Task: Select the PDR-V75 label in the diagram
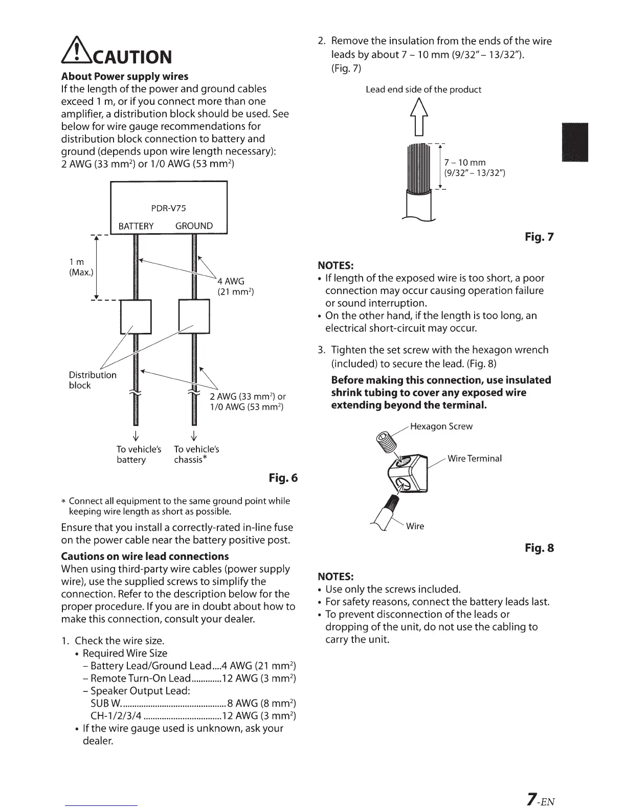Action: pos(169,208)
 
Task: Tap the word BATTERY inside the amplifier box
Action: pos(136,227)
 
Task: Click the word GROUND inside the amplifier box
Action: pos(194,226)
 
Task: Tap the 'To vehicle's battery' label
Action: pos(139,454)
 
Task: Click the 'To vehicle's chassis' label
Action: pos(196,454)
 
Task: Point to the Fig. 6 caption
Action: pos(283,478)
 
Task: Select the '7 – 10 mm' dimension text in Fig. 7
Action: pos(465,163)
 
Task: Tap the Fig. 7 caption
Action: pos(539,237)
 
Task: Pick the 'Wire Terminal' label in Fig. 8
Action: pos(474,458)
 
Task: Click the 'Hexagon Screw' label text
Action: pos(441,426)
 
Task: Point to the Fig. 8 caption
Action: pos(539,548)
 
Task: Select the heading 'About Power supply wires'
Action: pos(124,77)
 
